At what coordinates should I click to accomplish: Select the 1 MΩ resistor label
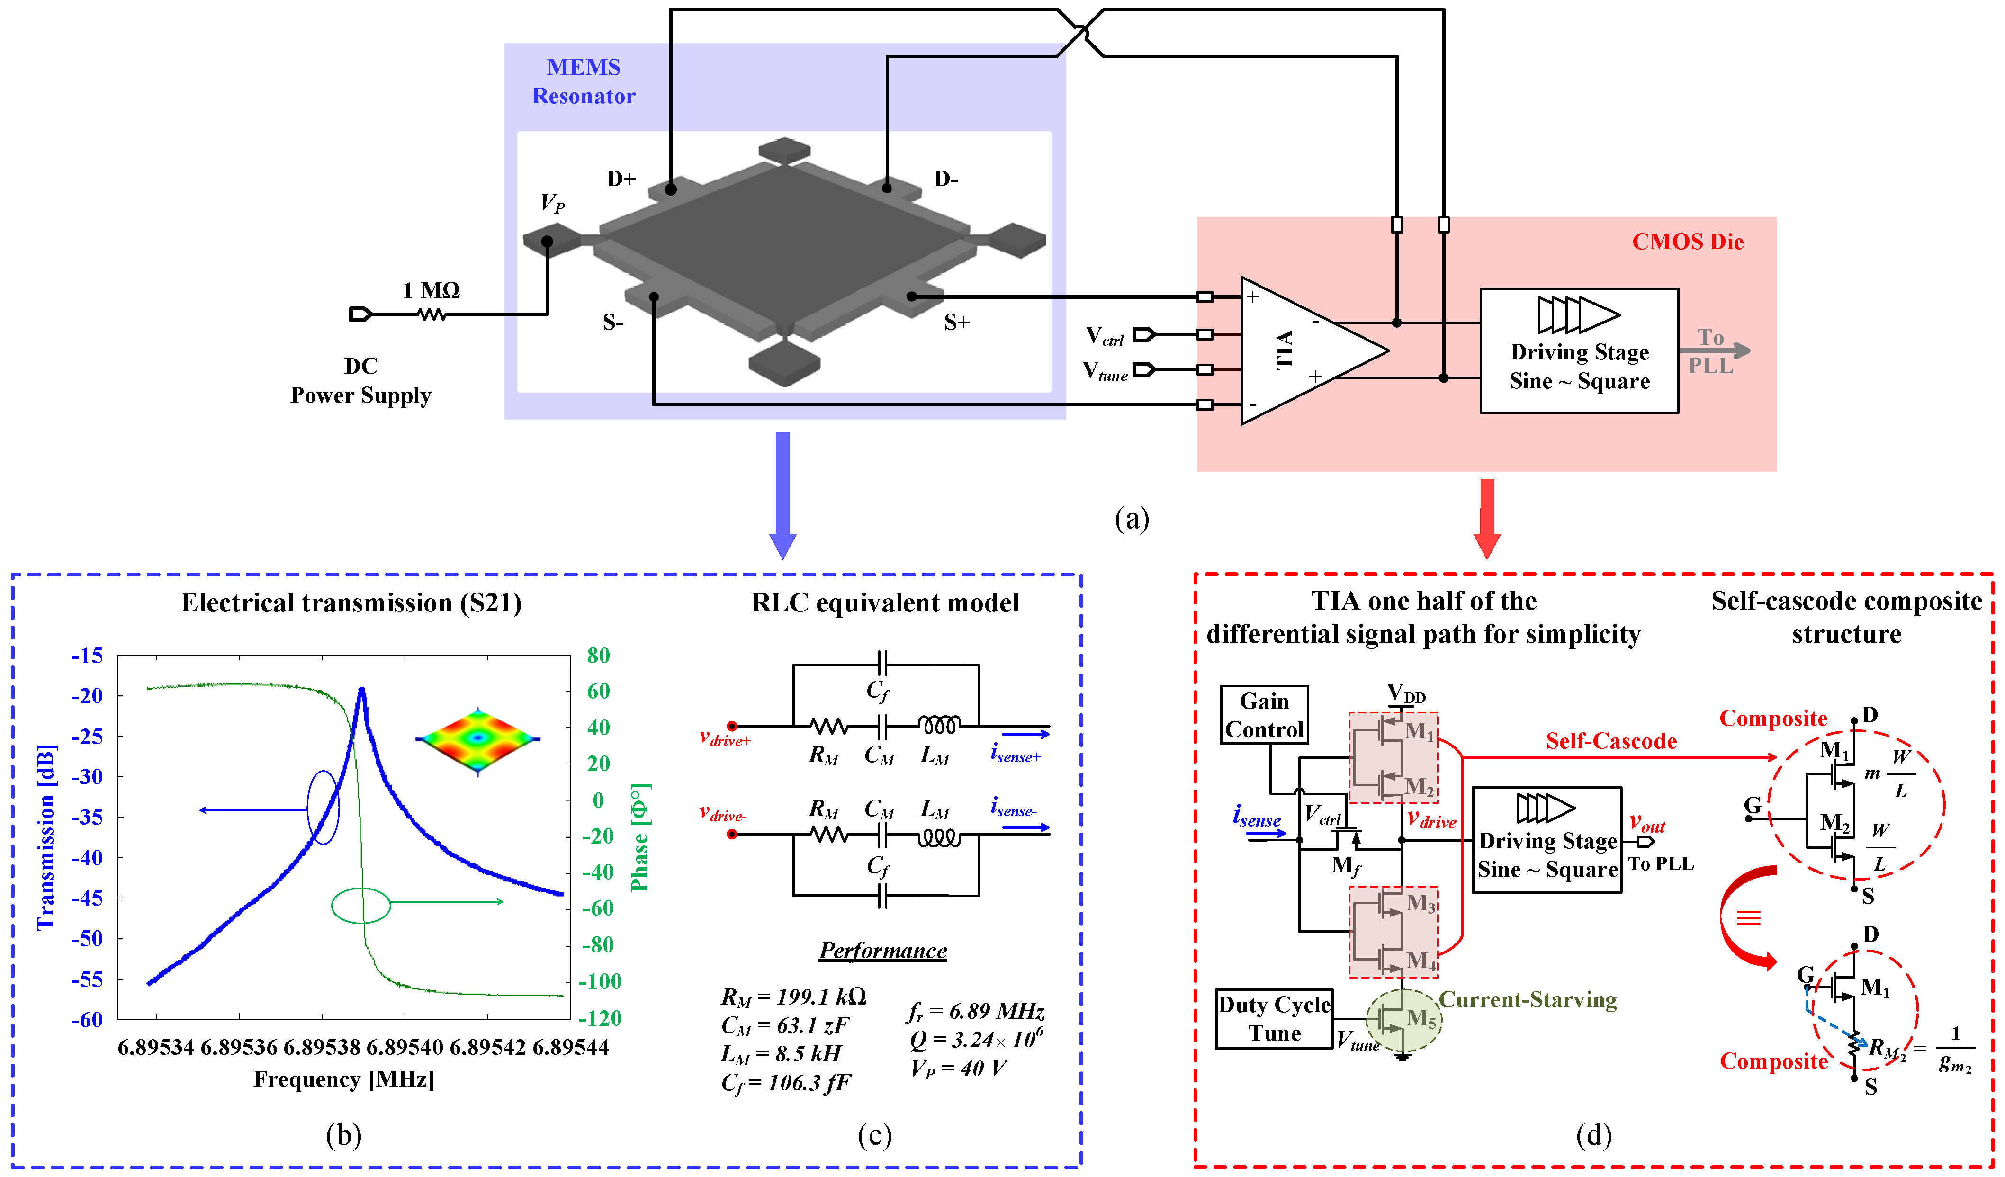(431, 290)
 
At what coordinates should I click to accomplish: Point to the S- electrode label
(612, 322)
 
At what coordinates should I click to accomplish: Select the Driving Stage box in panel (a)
(1579, 350)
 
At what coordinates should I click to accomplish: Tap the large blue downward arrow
(783, 494)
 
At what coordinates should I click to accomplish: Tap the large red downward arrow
(1486, 517)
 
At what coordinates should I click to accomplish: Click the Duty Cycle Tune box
(1274, 1019)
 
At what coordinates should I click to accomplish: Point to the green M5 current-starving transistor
(1403, 1019)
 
